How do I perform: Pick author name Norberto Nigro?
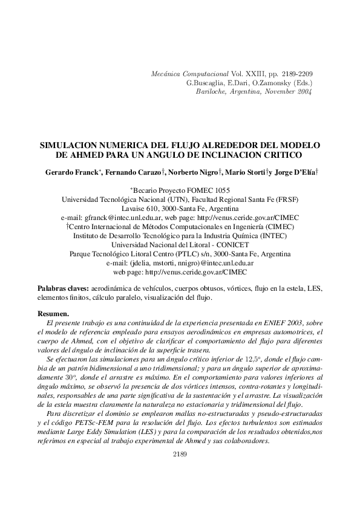click(x=195, y=172)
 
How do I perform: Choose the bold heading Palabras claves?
click(x=64, y=289)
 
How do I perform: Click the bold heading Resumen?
click(x=53, y=314)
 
